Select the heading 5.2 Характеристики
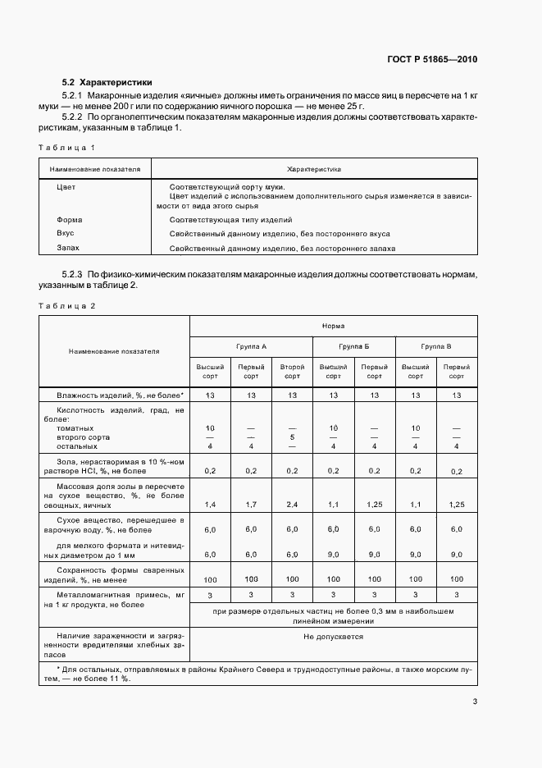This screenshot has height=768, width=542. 107,83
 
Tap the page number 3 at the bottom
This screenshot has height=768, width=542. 475,701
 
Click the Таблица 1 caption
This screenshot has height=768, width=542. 67,147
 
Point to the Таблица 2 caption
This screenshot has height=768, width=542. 67,305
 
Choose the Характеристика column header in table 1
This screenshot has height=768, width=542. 314,169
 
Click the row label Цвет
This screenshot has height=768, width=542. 66,187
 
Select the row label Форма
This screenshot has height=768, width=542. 70,220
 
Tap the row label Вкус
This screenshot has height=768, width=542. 66,233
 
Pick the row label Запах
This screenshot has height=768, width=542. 68,247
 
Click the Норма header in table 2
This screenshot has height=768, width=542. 333,326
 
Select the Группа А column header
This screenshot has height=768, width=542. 251,347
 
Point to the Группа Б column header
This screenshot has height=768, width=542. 353,347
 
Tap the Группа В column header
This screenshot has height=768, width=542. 436,347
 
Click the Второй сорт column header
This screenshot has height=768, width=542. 292,372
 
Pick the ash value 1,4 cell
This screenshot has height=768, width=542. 210,503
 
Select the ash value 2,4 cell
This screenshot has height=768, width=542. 292,503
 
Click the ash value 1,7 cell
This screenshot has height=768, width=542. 251,503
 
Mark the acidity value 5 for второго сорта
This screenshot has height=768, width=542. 292,437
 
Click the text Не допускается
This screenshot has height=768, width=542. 333,636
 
